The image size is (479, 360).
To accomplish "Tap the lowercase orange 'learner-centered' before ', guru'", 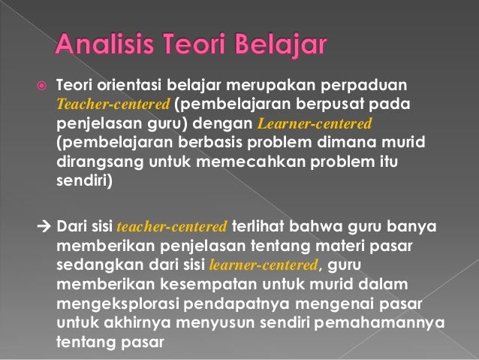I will pos(265,264).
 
